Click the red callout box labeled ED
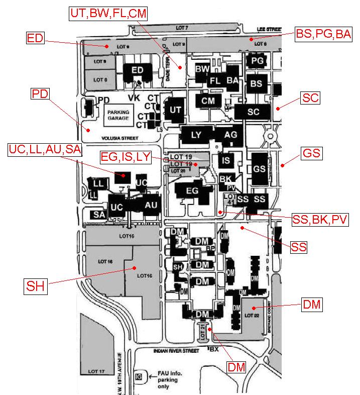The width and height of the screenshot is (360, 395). click(x=35, y=38)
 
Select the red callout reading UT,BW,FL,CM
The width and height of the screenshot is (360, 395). click(x=109, y=14)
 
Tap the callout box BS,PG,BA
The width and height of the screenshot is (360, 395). click(x=323, y=35)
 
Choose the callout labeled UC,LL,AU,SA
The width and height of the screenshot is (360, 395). click(x=45, y=149)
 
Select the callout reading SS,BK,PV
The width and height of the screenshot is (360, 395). click(x=320, y=219)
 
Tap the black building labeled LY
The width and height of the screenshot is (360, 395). click(x=196, y=135)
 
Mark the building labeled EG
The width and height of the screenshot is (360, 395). click(x=193, y=191)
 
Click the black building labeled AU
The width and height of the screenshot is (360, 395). click(x=151, y=205)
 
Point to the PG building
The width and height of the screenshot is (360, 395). click(x=257, y=61)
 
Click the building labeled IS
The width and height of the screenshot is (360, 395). click(x=226, y=160)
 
